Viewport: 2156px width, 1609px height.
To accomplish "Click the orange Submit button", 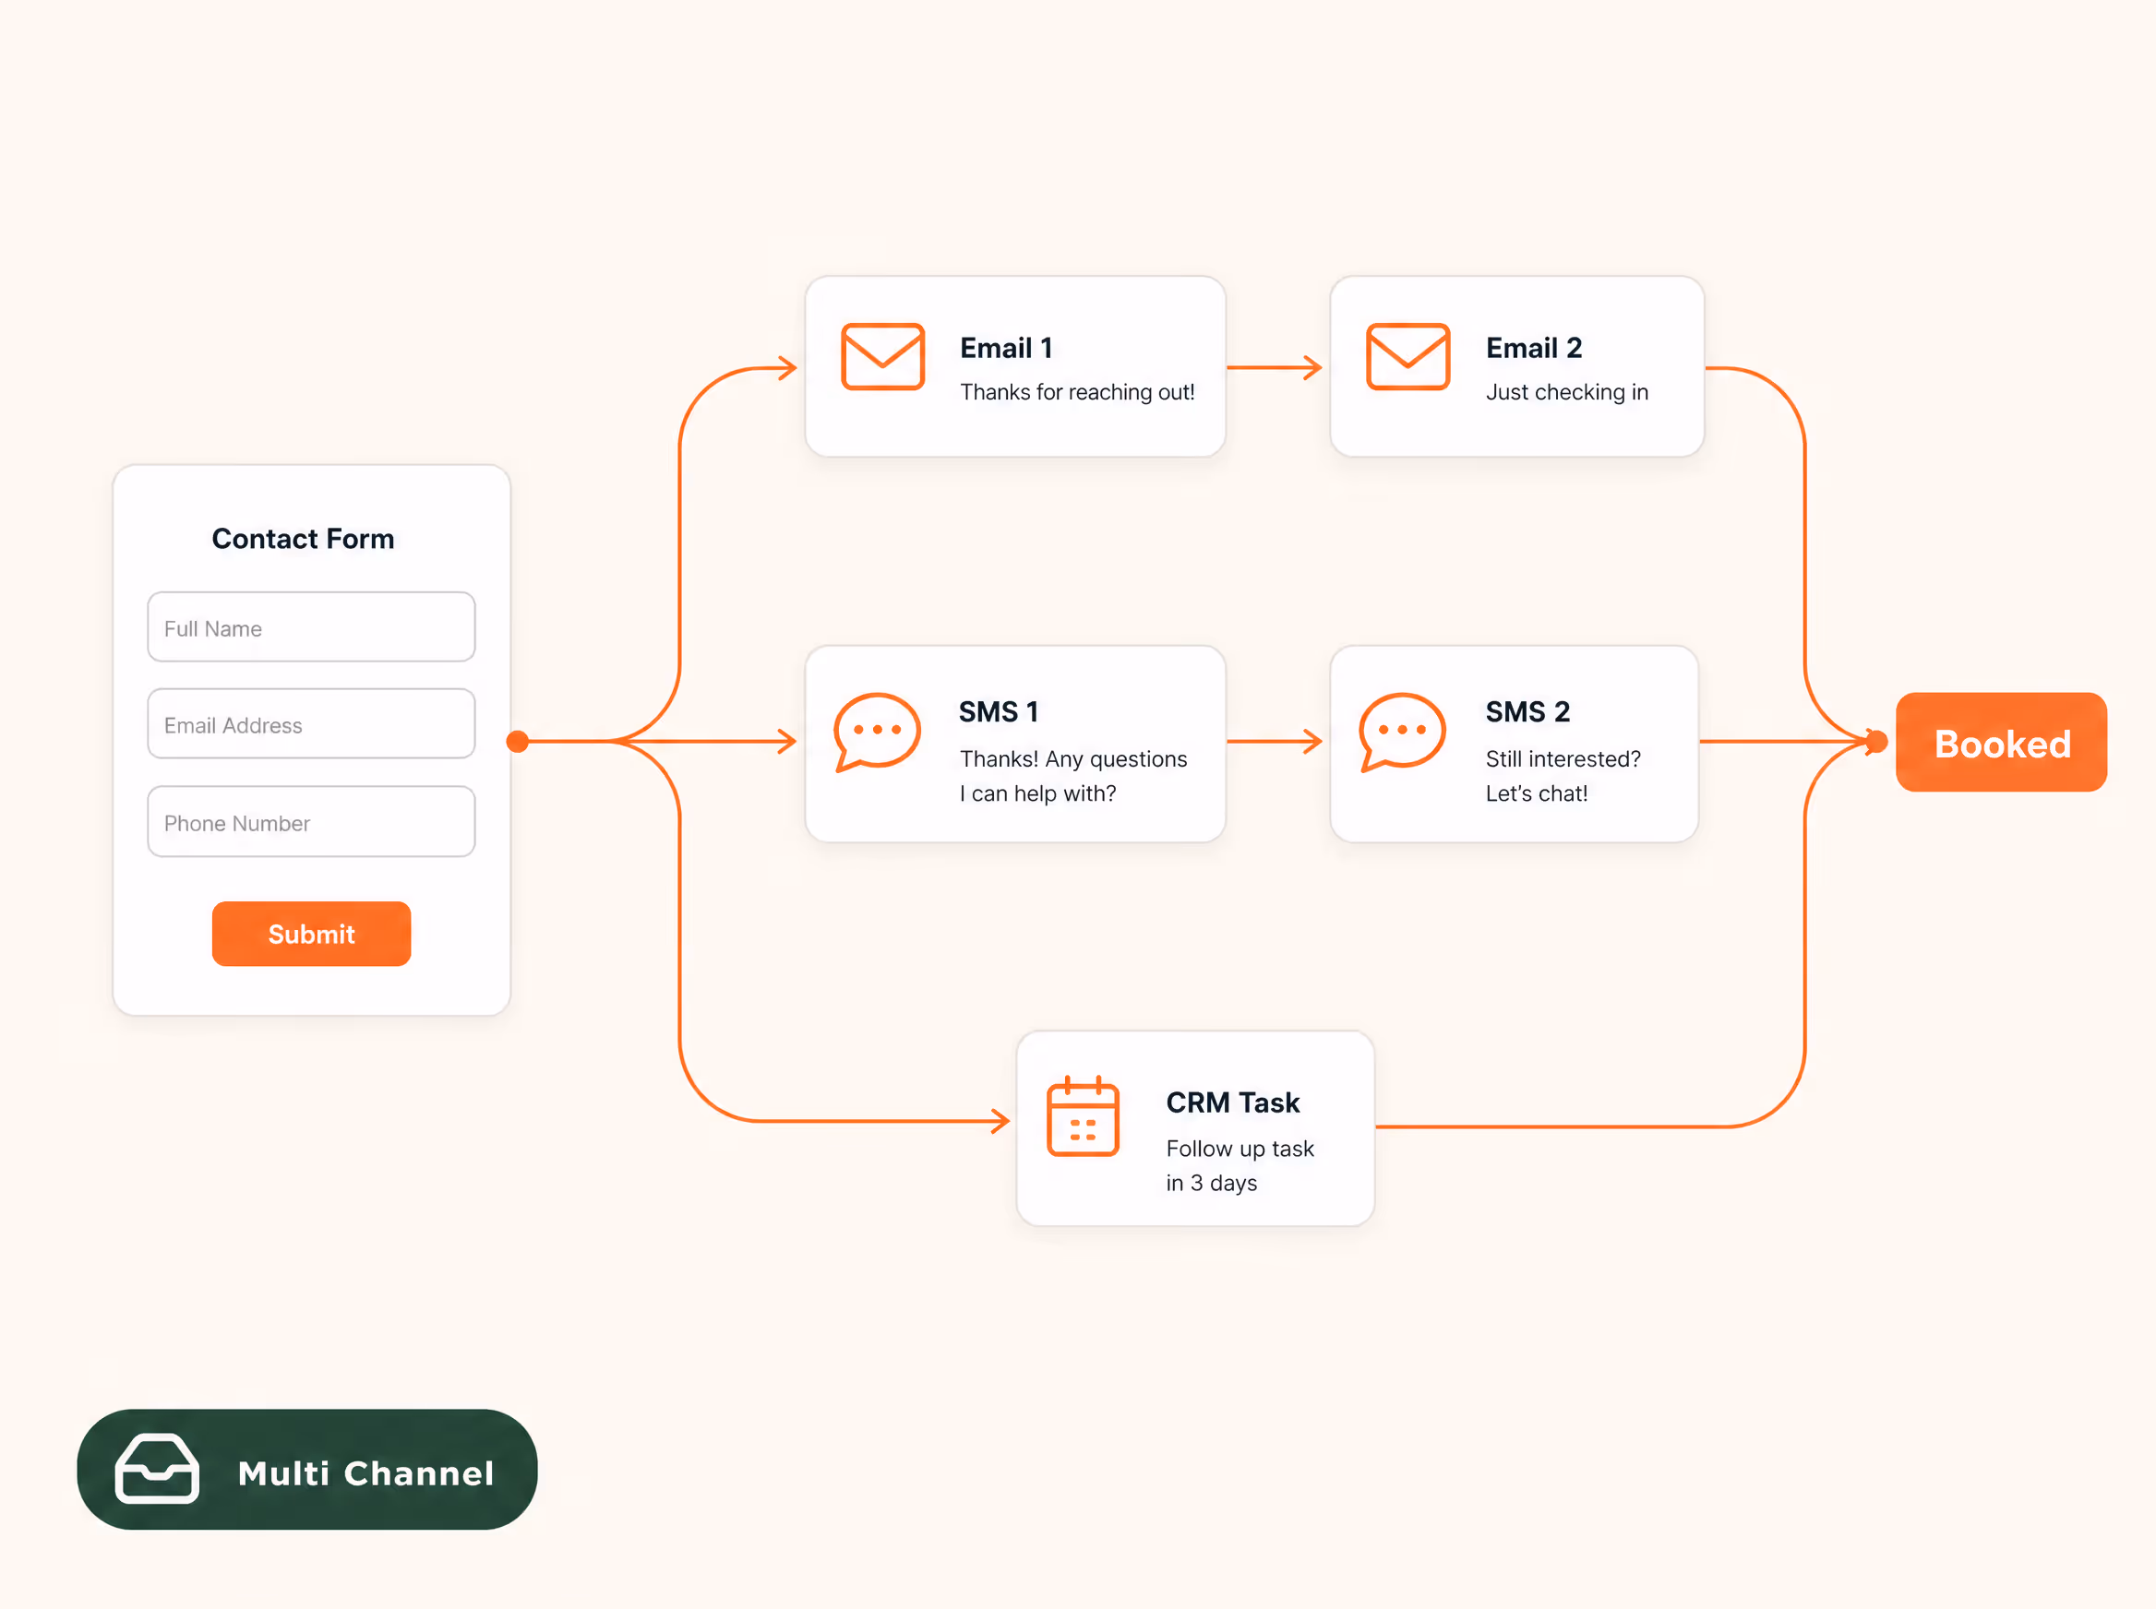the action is pos(311,933).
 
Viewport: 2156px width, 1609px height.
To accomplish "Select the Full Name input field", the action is pos(311,627).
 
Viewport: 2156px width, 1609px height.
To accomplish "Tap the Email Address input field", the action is pos(311,723).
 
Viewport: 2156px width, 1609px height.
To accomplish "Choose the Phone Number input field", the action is pos(311,821).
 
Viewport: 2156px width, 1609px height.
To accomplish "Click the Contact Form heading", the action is pos(303,539).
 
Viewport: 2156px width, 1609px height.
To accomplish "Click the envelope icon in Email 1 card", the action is pos(882,356).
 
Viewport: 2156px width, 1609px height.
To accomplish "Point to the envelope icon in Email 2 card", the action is pos(1407,356).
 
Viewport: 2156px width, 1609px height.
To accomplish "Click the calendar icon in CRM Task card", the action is pos(1083,1116).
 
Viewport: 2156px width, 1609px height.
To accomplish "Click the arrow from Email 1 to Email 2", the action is pos(1275,367).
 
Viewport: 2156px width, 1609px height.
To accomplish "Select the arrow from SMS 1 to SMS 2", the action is pos(1275,741).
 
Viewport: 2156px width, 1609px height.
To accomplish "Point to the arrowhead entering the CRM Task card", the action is pos(1000,1121).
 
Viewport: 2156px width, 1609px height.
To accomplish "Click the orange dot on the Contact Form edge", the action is pos(518,742).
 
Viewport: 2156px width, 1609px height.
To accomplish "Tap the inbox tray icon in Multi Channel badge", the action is pos(157,1469).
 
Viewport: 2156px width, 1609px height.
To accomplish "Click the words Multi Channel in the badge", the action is pos(366,1472).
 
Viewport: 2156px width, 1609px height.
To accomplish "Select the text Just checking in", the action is pos(1566,391).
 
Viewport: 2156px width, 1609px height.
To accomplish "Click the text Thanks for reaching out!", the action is pos(1076,391).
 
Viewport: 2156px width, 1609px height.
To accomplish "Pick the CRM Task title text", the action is pos(1232,1102).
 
